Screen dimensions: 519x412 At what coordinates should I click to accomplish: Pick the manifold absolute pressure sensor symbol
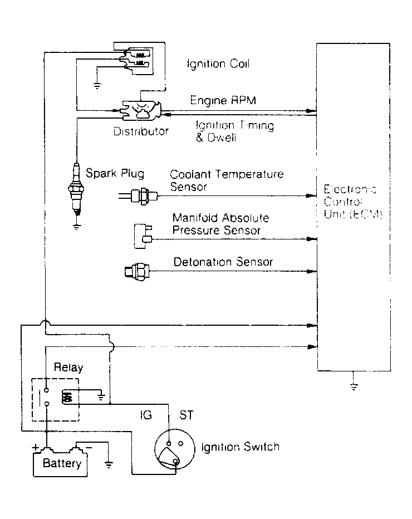(x=142, y=235)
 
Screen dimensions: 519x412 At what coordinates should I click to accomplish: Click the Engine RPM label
(x=216, y=101)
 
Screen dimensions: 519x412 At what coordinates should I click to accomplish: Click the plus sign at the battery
(x=36, y=447)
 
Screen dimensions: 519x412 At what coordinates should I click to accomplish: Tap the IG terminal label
(x=145, y=415)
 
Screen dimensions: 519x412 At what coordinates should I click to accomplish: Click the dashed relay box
(x=55, y=400)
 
